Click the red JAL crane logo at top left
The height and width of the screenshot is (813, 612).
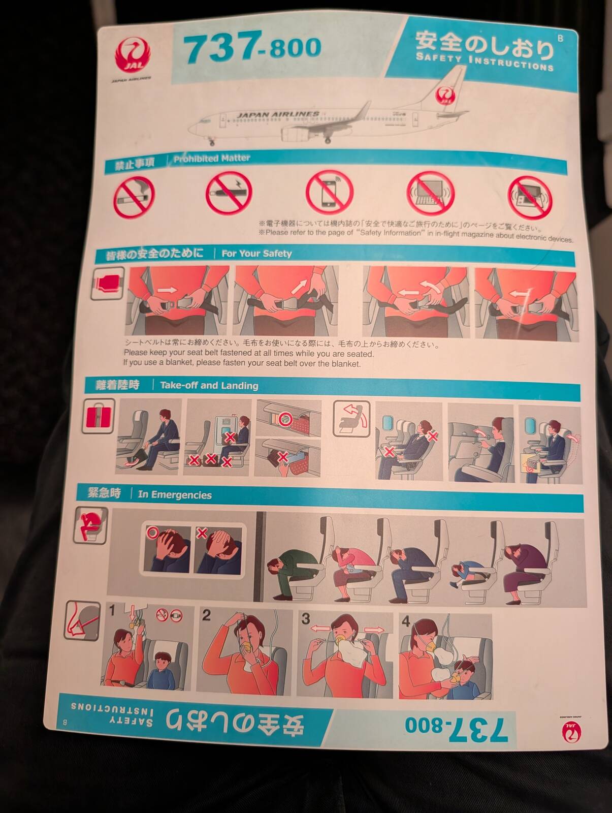[x=133, y=56]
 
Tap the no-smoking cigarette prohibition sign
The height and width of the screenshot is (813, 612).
[x=134, y=197]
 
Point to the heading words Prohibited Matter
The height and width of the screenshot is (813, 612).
[x=212, y=159]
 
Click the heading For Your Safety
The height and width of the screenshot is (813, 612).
[x=256, y=254]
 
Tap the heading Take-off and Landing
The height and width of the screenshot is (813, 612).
[x=209, y=385]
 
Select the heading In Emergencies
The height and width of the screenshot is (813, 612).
[x=175, y=495]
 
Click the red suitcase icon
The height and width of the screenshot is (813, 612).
[x=98, y=416]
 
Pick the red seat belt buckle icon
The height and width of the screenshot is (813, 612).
[x=107, y=284]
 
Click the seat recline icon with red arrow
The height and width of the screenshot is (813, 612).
[x=351, y=419]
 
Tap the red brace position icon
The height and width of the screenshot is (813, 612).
[x=91, y=525]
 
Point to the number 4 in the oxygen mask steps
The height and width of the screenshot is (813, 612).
[x=406, y=621]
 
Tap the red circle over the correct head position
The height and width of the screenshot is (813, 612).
[x=152, y=533]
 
